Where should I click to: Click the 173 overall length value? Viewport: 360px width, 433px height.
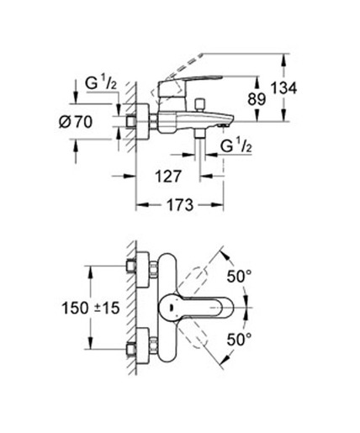click(x=175, y=204)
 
